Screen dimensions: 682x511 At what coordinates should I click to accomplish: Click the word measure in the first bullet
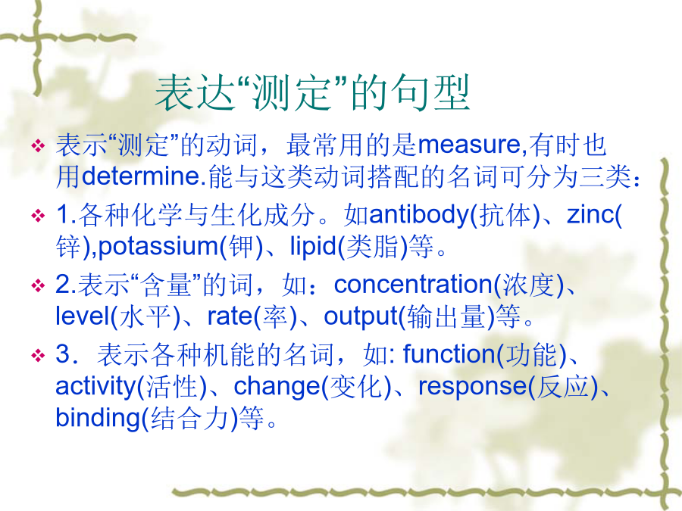click(x=469, y=145)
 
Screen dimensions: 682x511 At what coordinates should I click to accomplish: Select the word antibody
click(x=418, y=214)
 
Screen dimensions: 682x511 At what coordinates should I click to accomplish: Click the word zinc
click(x=590, y=214)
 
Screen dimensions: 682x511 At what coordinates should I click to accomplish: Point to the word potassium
click(x=158, y=246)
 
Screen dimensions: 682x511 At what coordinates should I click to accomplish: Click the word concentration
click(x=413, y=285)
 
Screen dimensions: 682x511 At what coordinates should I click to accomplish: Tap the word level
click(x=81, y=316)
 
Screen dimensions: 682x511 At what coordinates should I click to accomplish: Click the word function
click(x=449, y=354)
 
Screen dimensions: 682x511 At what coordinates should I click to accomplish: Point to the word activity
click(x=95, y=386)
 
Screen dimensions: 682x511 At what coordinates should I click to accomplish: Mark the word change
click(x=277, y=386)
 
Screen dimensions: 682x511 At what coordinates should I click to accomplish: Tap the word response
click(x=473, y=386)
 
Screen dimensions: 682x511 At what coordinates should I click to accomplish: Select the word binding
click(x=98, y=418)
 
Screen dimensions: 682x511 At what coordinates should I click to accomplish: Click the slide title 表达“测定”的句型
click(x=312, y=92)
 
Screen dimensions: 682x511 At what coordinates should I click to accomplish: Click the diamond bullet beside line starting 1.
click(x=39, y=216)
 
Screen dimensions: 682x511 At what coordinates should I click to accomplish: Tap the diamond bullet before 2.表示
click(x=39, y=286)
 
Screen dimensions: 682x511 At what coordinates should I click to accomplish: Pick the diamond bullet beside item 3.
click(x=39, y=356)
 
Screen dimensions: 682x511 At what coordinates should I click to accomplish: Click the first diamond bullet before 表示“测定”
click(x=39, y=145)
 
